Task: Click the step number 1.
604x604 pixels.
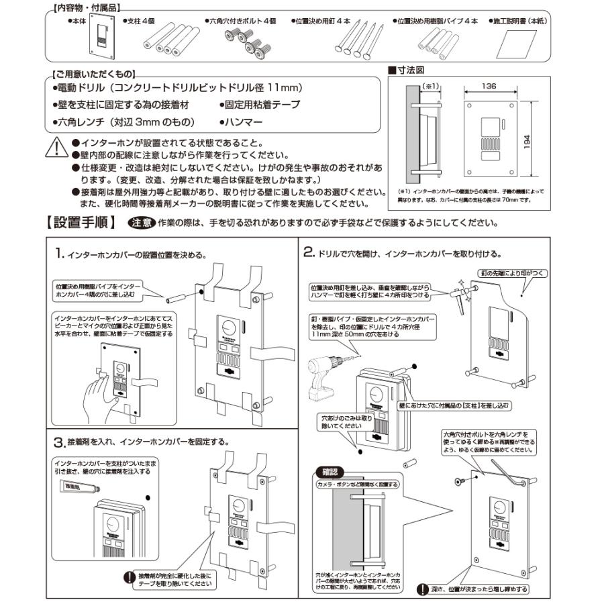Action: [59, 253]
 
